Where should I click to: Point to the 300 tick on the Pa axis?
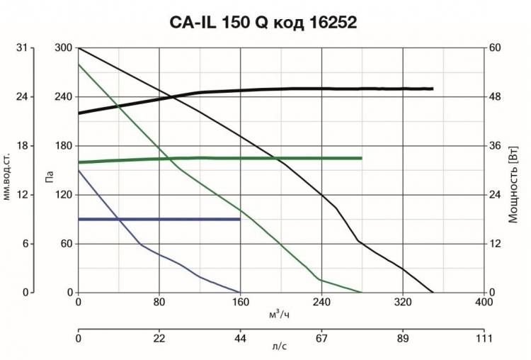(x=64, y=47)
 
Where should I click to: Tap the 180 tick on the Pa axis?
(x=64, y=146)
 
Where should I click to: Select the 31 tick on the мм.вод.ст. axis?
(x=21, y=47)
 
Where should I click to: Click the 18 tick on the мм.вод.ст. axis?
(x=21, y=146)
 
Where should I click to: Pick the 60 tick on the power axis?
(x=496, y=47)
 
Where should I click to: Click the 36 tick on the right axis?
(x=496, y=146)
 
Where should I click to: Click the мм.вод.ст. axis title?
(x=8, y=171)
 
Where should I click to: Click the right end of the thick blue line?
(x=240, y=219)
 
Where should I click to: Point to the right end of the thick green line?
(x=362, y=158)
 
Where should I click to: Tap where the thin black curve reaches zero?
(x=433, y=293)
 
